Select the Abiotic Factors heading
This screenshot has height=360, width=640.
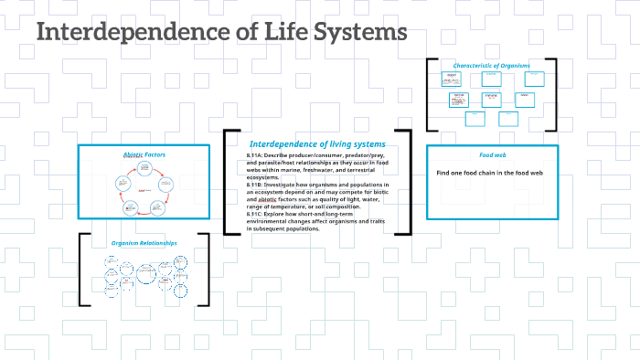pos(141,155)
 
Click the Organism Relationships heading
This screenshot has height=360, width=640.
pos(144,243)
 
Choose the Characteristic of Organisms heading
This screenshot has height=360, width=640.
pos(491,65)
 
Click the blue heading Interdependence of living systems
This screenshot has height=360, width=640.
pos(317,144)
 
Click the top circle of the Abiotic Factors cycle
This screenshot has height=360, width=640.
pos(143,167)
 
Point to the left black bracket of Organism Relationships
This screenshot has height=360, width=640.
pos(84,269)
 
